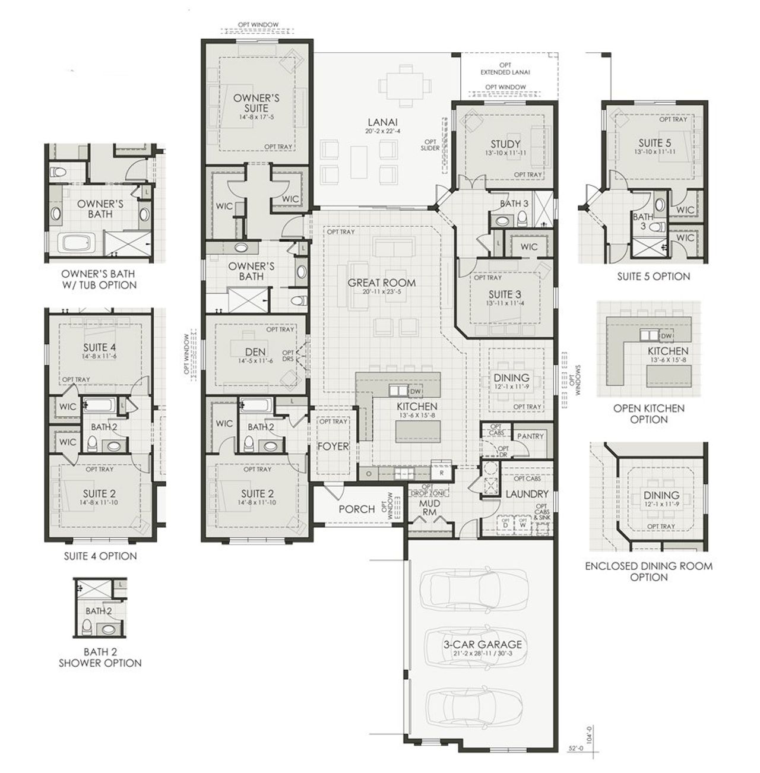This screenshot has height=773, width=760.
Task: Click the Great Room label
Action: [x=381, y=283]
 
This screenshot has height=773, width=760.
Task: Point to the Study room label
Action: [x=505, y=144]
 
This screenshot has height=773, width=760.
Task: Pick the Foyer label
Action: [x=332, y=446]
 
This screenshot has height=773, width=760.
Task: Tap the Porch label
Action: [x=356, y=509]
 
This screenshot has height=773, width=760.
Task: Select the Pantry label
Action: [x=530, y=436]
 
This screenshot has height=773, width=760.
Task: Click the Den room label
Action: [x=255, y=351]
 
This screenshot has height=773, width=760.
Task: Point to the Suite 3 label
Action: [x=505, y=294]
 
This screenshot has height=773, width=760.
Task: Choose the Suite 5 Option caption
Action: [x=653, y=276]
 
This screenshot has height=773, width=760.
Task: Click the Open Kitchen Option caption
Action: [x=648, y=414]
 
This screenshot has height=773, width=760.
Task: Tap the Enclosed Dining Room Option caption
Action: [x=648, y=571]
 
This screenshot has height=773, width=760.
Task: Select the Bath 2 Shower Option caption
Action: [x=100, y=657]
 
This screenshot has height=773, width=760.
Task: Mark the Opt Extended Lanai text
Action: [x=505, y=68]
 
